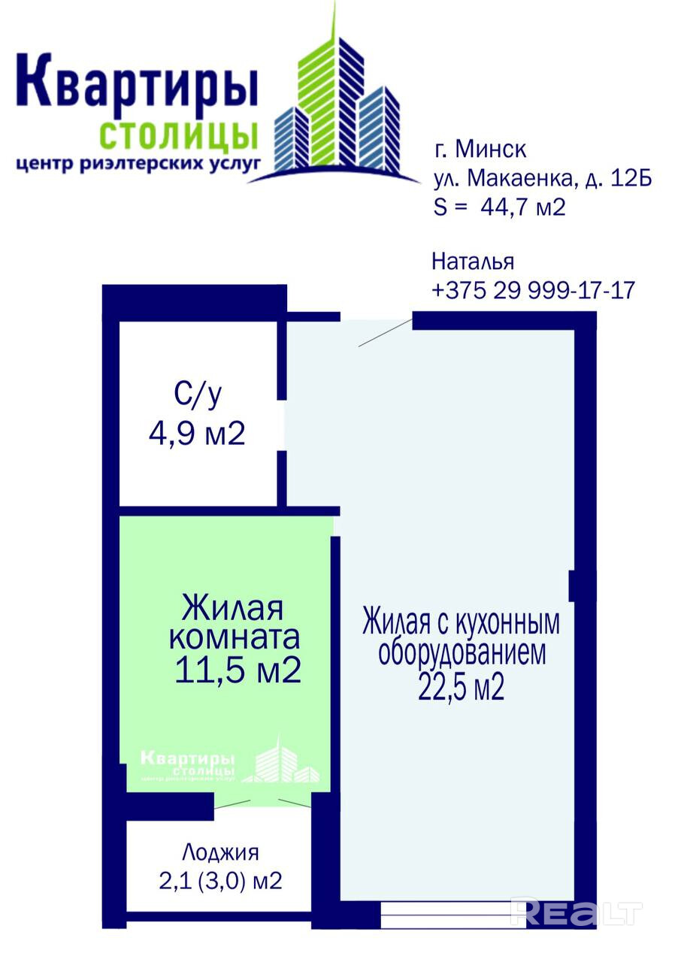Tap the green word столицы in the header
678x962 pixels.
179,135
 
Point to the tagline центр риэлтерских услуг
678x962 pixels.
138,165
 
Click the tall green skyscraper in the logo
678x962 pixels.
318,98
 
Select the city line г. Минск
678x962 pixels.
480,150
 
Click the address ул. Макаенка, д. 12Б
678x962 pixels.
543,178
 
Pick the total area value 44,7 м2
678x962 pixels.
522,207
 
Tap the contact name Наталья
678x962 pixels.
473,262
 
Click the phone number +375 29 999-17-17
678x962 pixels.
533,290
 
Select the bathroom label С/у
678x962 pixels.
198,395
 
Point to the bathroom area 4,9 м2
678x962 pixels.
197,434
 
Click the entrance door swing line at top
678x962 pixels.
386,333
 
